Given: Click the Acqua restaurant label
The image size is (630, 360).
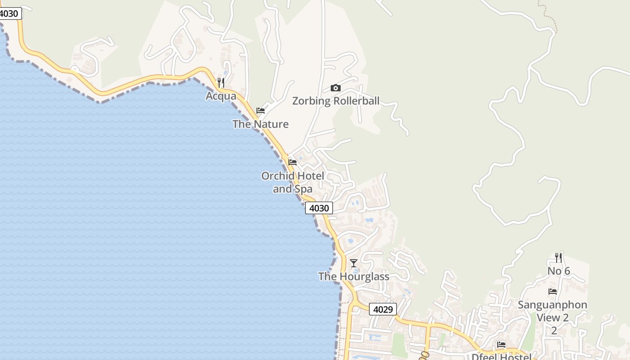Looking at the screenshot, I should (x=221, y=96).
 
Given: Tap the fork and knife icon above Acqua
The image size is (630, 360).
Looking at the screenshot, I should (x=220, y=83).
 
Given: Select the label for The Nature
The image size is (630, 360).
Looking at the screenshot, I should (x=261, y=124).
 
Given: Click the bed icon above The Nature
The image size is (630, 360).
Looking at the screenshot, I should (x=261, y=111).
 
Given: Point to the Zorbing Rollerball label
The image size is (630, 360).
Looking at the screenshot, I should (x=336, y=101).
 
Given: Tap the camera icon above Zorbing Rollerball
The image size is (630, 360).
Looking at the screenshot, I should (x=336, y=88).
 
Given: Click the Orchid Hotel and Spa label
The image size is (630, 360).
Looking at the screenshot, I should (x=292, y=182).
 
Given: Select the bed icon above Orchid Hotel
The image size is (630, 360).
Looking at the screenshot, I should (x=292, y=162).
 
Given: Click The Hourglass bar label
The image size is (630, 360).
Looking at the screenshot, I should (x=354, y=276).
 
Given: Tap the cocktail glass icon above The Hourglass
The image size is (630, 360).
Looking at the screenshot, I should (x=354, y=263).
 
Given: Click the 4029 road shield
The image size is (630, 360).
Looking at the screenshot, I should (x=383, y=309).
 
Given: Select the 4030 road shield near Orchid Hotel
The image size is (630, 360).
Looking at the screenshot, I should (x=319, y=208).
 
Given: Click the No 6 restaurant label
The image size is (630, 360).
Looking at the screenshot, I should (x=558, y=271).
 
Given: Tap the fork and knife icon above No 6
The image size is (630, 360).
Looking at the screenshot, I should (x=558, y=258).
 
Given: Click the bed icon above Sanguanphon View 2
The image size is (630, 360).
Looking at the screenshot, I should (x=553, y=292).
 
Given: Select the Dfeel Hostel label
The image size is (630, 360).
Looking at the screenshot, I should (x=501, y=357).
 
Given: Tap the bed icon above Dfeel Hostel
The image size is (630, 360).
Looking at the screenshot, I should (x=501, y=345).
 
